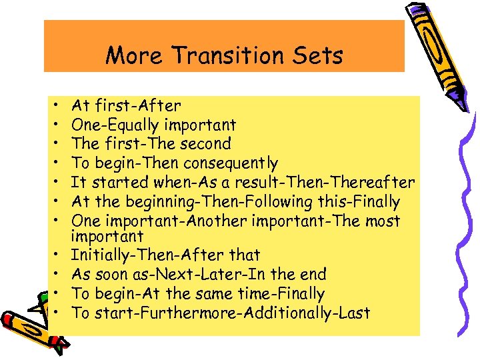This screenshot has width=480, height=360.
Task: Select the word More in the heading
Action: (133, 55)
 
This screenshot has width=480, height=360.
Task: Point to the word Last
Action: (355, 313)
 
